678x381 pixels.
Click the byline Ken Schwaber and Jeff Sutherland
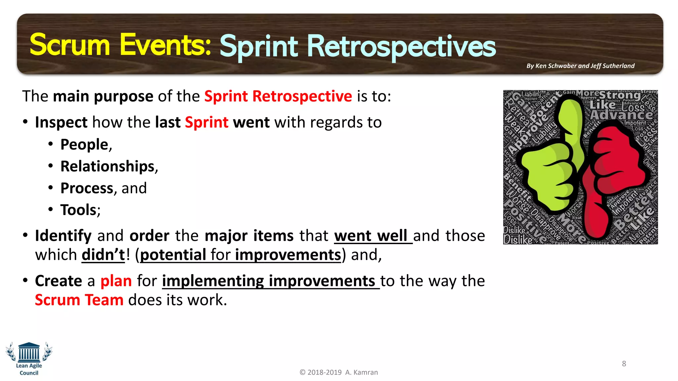(580, 66)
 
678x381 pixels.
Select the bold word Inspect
(61, 122)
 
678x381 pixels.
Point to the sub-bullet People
(84, 145)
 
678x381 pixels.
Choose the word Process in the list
(87, 188)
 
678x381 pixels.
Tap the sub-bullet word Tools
(78, 210)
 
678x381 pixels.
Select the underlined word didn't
(103, 255)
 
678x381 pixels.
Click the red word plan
(116, 281)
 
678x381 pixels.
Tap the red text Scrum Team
(79, 300)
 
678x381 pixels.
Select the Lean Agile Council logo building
(29, 352)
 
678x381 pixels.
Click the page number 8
(624, 364)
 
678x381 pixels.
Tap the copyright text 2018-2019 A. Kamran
(339, 372)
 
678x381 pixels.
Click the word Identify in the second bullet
(63, 236)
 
